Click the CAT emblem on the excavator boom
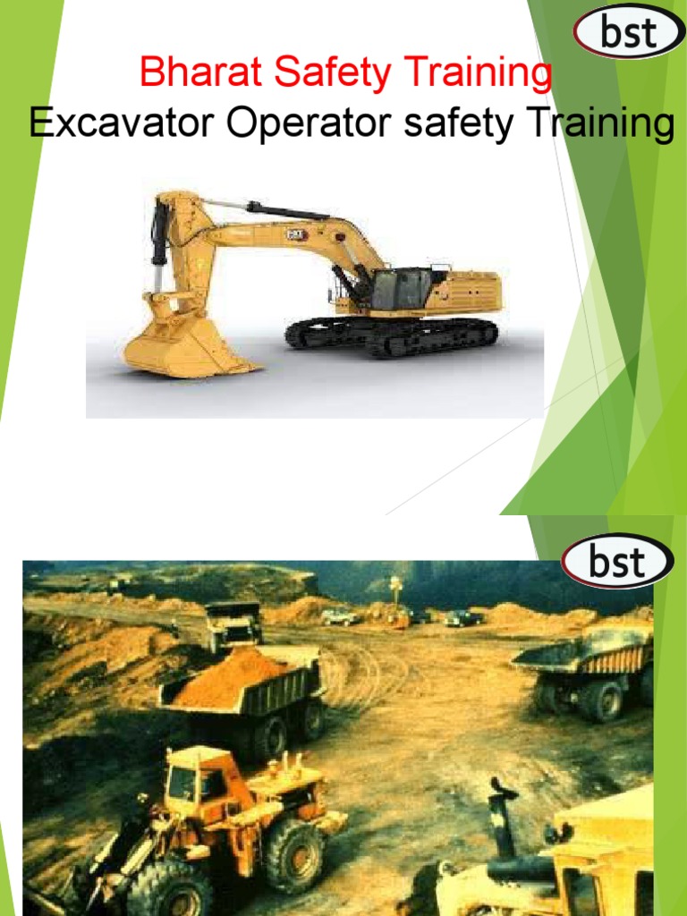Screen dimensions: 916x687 [x=297, y=234]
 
